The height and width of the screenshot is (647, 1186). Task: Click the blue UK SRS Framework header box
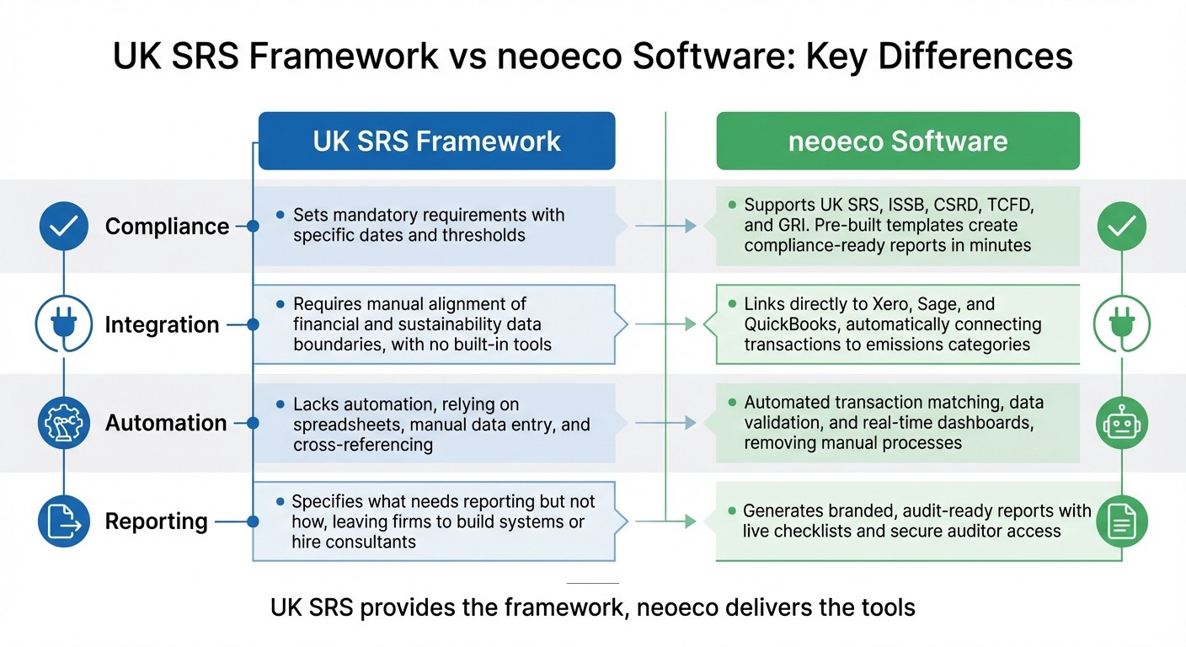point(436,141)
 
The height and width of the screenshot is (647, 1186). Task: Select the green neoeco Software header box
point(897,141)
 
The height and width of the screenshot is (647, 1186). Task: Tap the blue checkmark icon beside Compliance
point(64,226)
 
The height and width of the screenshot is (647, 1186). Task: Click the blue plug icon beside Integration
point(64,324)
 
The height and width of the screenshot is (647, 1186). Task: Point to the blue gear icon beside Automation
point(64,423)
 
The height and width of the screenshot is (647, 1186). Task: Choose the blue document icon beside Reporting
point(64,521)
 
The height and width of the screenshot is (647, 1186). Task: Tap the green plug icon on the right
point(1121,324)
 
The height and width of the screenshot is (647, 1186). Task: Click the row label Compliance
point(167,227)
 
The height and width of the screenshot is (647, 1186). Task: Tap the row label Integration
point(162,325)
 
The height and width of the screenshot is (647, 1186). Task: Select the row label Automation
point(166,423)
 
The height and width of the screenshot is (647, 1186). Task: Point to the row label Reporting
point(156,521)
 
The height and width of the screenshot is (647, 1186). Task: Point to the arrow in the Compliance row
point(665,226)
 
